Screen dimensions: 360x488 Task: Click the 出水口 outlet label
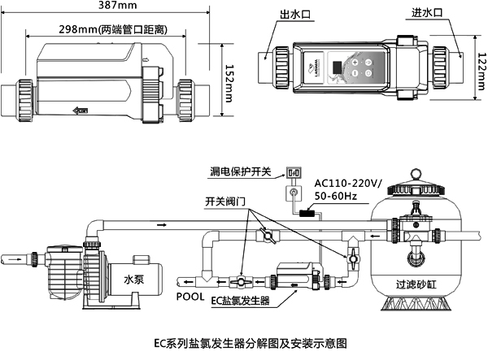[x=295, y=15]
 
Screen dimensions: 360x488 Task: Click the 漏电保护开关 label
[x=240, y=173]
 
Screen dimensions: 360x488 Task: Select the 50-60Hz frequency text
[x=339, y=196]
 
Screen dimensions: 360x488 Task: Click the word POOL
[x=190, y=297]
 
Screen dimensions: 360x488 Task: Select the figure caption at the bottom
[x=244, y=345]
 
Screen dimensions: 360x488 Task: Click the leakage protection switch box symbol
[x=293, y=173]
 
